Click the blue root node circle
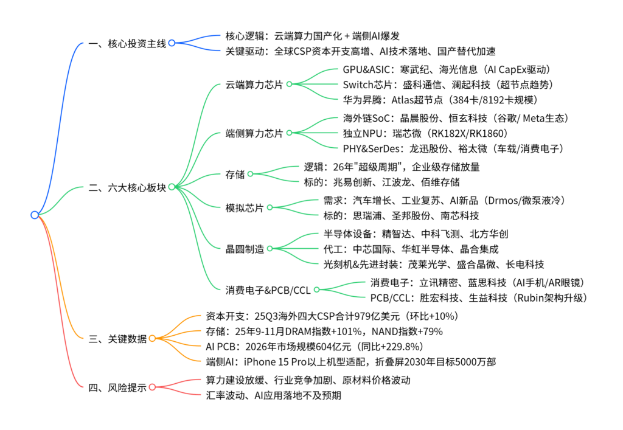click(35, 215)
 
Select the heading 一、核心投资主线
click(127, 43)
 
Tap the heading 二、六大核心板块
click(127, 187)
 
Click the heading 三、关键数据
click(117, 339)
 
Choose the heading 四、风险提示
click(117, 387)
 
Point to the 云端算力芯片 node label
click(254, 85)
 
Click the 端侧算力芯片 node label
click(254, 133)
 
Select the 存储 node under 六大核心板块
click(235, 175)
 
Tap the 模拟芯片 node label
click(244, 208)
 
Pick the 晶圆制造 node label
click(244, 248)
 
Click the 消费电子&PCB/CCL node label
click(268, 290)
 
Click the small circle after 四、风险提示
click(152, 387)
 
